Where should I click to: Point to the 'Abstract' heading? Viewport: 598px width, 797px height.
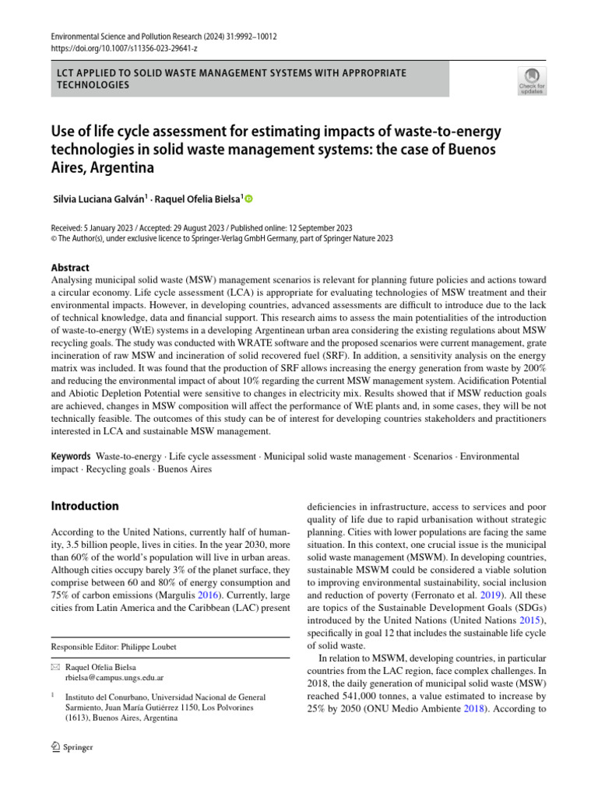70,267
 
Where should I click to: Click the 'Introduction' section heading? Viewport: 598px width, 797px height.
85,506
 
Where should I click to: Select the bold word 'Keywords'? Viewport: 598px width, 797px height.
70,456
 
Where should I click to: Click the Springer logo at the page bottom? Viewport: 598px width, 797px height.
72,747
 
